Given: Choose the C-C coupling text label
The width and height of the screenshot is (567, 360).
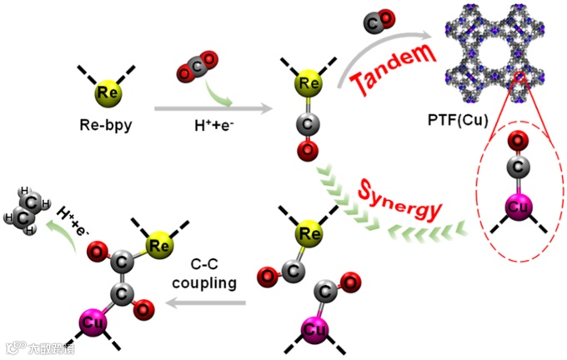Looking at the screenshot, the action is point(204,274).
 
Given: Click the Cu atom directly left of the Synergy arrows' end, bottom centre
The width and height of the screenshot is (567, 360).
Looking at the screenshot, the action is point(316,328).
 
